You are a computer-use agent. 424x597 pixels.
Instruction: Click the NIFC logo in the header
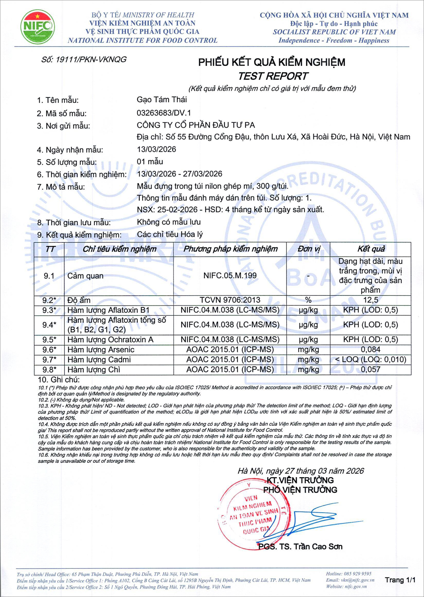tap(38, 27)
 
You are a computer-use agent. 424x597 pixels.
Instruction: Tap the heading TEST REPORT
tap(273, 76)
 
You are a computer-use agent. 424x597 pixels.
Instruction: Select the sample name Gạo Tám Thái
tap(162, 99)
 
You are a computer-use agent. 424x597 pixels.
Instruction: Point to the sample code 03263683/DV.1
tap(164, 113)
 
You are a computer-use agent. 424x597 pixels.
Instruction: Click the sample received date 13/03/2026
tap(156, 149)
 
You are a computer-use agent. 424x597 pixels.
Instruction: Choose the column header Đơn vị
tap(309, 249)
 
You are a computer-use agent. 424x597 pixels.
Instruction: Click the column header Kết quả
tap(371, 249)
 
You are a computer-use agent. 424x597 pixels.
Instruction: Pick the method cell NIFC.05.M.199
tap(230, 275)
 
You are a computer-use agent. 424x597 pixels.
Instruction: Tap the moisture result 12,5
tap(371, 300)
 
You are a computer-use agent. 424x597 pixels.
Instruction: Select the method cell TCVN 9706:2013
tap(230, 300)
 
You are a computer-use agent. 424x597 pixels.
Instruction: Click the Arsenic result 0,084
tap(371, 349)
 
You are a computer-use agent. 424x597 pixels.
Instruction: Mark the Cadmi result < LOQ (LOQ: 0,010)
tap(371, 360)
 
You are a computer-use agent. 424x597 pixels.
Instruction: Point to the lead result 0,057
tap(371, 370)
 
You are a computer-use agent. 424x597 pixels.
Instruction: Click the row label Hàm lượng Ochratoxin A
tap(110, 340)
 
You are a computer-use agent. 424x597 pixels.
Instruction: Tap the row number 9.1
tap(49, 276)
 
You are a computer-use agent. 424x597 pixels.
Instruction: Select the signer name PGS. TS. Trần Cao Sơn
tap(300, 547)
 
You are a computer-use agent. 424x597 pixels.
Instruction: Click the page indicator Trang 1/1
tap(400, 580)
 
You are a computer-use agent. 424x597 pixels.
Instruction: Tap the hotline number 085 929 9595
tap(358, 574)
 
